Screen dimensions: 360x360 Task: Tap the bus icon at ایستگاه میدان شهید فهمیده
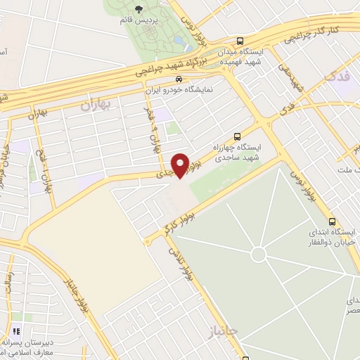tap(241, 41)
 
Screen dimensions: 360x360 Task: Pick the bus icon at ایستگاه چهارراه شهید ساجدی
tap(236, 136)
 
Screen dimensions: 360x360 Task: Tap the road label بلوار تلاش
tap(179, 258)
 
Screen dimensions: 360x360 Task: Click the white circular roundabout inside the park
tap(259, 252)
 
